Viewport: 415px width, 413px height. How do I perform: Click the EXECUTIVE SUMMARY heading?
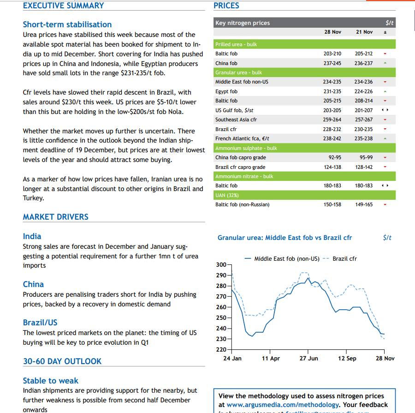[63, 6]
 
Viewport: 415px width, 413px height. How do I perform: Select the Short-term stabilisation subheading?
[67, 24]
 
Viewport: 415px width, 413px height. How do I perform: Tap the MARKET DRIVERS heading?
[55, 217]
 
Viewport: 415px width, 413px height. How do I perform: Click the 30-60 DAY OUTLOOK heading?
[62, 361]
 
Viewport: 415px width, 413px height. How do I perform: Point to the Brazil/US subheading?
[40, 323]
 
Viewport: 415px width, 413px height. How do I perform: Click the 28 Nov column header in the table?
[332, 32]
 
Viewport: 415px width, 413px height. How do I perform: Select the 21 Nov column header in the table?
[364, 32]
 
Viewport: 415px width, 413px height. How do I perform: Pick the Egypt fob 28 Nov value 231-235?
[332, 91]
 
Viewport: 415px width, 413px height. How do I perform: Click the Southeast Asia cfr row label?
[236, 120]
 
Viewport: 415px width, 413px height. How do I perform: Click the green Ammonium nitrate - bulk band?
[304, 176]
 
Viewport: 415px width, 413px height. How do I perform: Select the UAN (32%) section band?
[304, 195]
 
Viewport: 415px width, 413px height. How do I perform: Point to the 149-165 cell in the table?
[364, 204]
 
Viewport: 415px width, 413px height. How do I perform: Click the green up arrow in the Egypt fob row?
[385, 91]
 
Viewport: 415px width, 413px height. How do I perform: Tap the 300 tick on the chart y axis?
[221, 265]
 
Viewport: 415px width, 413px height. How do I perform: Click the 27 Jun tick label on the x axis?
[308, 359]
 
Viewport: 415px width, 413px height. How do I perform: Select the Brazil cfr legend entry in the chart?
[344, 259]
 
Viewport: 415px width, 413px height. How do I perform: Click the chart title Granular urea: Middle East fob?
[285, 238]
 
